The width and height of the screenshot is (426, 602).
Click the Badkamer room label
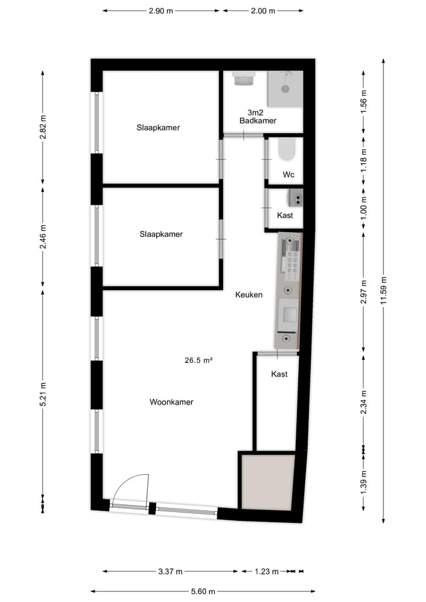pos(258,120)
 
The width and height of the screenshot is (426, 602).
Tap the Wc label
pos(289,175)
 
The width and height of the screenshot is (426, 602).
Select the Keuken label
pos(248,295)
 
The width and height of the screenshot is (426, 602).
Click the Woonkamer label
pos(172,402)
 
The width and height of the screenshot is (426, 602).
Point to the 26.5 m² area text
pos(198,359)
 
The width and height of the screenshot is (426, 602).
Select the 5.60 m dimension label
pos(203,591)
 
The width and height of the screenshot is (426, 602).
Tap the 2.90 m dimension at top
pos(161,11)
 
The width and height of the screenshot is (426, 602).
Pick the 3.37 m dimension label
pos(170,571)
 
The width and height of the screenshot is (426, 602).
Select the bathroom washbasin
pos(242,78)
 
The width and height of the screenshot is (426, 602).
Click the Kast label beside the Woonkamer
pos(279,374)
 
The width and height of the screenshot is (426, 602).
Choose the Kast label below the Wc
pos(285,215)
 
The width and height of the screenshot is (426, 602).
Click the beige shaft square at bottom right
pos(267,481)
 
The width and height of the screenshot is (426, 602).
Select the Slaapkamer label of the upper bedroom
pos(158,127)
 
